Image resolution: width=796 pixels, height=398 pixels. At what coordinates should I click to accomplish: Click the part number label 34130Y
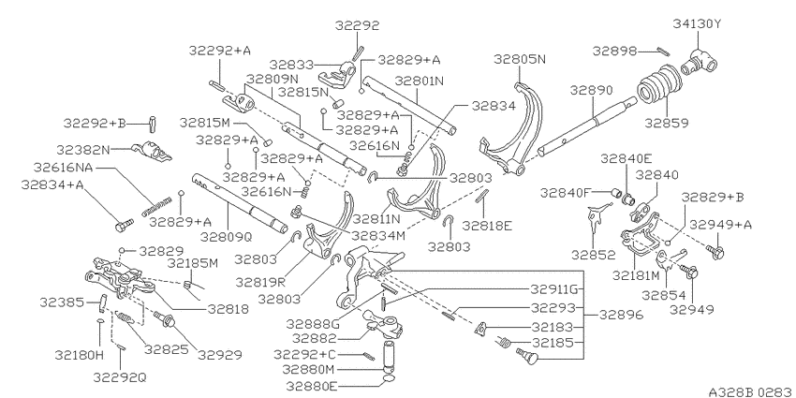(697, 23)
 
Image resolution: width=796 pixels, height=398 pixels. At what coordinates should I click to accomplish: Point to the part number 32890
(591, 90)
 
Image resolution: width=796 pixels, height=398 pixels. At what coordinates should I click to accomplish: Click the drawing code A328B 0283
(751, 391)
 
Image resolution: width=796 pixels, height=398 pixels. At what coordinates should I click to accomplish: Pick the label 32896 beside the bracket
(622, 315)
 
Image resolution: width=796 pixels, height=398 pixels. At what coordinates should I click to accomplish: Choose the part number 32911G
(555, 289)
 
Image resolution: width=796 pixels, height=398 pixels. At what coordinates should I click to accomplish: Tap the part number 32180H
(80, 355)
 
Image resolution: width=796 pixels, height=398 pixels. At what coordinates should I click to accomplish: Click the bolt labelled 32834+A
(124, 225)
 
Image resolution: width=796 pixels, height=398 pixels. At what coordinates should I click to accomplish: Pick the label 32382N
(83, 150)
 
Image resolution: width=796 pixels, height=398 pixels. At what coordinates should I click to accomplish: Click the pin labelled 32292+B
(153, 123)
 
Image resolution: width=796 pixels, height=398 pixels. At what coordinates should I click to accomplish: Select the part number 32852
(593, 255)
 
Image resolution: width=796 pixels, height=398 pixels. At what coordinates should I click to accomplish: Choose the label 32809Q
(226, 237)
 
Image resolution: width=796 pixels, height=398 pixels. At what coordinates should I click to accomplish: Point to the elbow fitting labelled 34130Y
(700, 62)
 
